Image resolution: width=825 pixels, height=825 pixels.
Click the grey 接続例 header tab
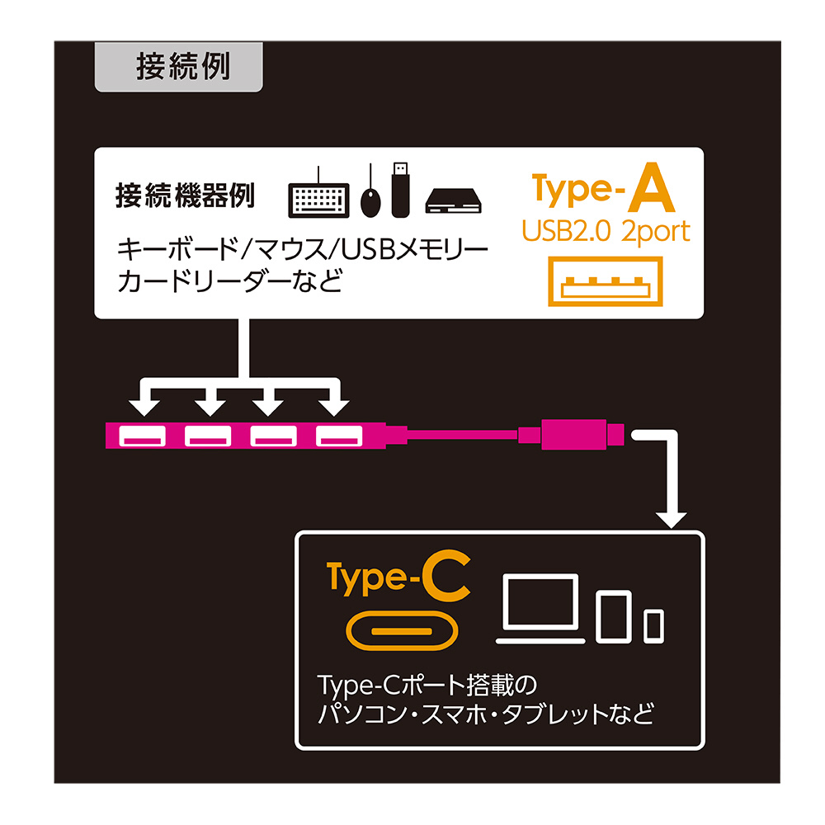[x=178, y=67]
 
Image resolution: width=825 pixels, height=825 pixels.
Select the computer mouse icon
[x=370, y=198]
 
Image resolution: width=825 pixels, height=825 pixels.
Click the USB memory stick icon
[x=400, y=190]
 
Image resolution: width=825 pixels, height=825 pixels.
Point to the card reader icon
[x=453, y=201]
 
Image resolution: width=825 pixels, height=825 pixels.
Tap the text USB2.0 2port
[x=606, y=232]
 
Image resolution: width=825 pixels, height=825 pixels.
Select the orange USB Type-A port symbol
[x=605, y=281]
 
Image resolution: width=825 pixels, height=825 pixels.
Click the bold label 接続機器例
[x=185, y=196]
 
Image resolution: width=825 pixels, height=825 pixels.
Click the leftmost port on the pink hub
[x=142, y=436]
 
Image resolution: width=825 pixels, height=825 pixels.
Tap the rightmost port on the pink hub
[x=339, y=436]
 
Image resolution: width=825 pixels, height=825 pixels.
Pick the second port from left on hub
[x=208, y=436]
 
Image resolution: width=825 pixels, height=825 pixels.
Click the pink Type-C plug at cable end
[x=582, y=435]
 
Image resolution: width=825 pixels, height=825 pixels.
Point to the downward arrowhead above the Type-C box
[x=671, y=521]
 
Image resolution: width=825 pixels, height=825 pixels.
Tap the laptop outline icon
[x=540, y=609]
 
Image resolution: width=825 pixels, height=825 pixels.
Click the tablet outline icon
[x=614, y=616]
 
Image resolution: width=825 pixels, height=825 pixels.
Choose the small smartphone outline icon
[x=654, y=626]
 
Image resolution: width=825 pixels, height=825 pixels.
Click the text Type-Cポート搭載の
[x=427, y=685]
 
